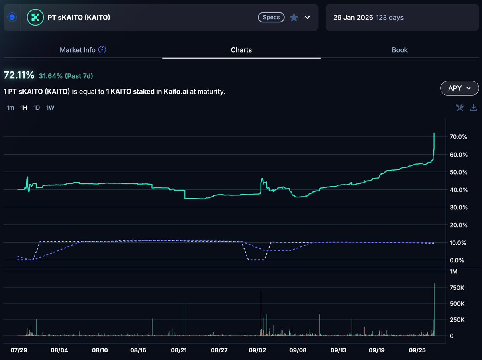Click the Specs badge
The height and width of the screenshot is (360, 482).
(271, 18)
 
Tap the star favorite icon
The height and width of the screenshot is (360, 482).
(294, 18)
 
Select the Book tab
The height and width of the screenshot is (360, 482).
(400, 50)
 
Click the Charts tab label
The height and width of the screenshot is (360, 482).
(241, 50)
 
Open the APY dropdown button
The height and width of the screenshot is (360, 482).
(460, 88)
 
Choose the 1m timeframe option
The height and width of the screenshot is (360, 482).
(10, 108)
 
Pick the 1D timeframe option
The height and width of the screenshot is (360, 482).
(37, 108)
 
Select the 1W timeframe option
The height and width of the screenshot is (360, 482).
(50, 108)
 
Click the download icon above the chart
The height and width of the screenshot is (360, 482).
(474, 108)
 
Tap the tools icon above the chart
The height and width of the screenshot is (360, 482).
(460, 108)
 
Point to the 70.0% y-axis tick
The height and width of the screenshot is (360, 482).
(458, 137)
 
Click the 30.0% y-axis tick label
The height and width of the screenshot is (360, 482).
(458, 207)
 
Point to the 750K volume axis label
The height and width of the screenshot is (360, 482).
(457, 288)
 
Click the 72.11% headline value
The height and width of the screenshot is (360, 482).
(19, 75)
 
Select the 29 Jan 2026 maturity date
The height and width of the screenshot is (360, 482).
(353, 18)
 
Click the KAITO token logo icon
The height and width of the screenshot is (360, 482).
(35, 17)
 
